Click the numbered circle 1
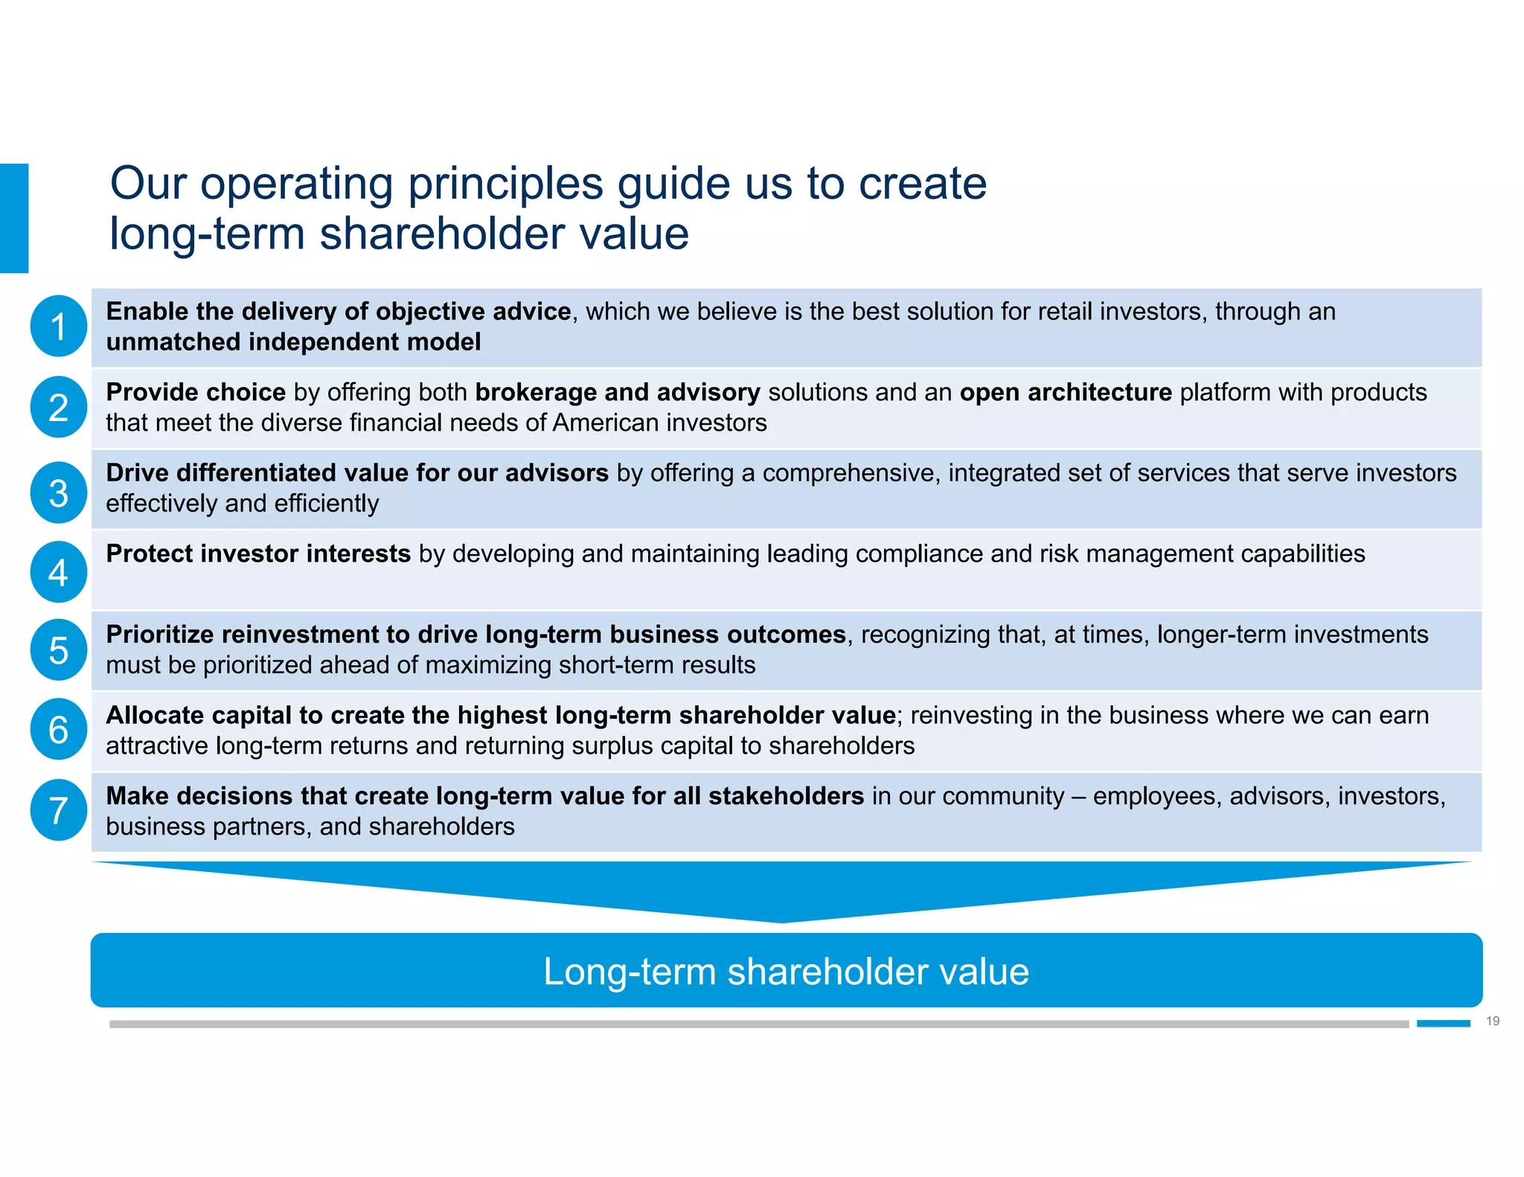(x=59, y=326)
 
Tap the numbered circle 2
(x=59, y=407)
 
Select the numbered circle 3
(x=59, y=493)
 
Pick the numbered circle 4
(x=59, y=571)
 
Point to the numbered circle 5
(x=59, y=650)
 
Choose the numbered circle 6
(x=59, y=729)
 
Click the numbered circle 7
(x=59, y=809)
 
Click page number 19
(x=1492, y=1021)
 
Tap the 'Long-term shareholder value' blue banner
(x=786, y=970)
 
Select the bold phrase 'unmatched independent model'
(x=293, y=342)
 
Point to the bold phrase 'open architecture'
(x=1066, y=392)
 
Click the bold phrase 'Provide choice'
(x=196, y=392)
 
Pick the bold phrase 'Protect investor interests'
(x=258, y=554)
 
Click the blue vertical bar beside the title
(x=14, y=218)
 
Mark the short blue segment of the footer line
(x=1443, y=1024)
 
